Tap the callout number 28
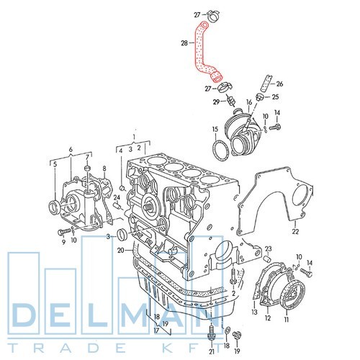pyautogui.click(x=184, y=43)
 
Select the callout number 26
pyautogui.click(x=279, y=84)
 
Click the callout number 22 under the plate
pyautogui.click(x=295, y=231)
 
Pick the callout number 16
pyautogui.click(x=249, y=102)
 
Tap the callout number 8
pyautogui.click(x=104, y=168)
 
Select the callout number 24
pyautogui.click(x=117, y=197)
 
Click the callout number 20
pyautogui.click(x=121, y=251)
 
